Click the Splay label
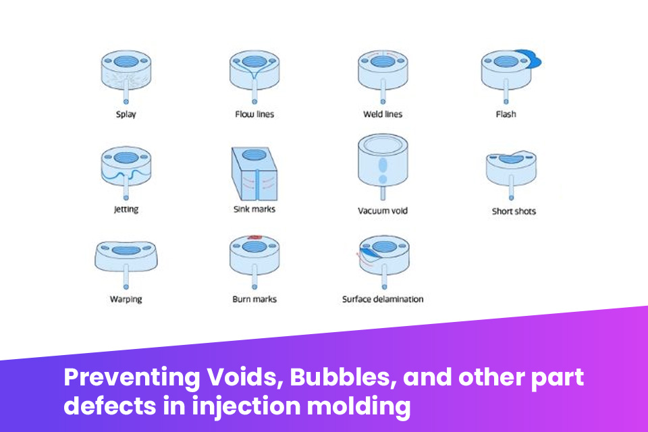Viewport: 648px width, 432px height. (126, 114)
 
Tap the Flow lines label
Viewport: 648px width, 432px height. (254, 114)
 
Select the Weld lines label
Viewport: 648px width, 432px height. (383, 114)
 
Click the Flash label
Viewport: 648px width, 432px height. (506, 114)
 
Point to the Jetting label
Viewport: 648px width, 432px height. (126, 209)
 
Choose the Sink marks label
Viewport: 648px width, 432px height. (254, 209)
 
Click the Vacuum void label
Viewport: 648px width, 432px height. (383, 211)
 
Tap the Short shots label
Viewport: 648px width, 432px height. (514, 211)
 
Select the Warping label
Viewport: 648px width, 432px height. (126, 298)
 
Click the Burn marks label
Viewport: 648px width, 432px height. (254, 298)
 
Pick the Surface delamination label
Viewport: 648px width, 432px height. (383, 298)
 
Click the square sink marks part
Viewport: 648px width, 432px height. (254, 171)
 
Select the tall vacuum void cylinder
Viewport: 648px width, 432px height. (383, 162)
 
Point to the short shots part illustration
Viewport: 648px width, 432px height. (512, 166)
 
